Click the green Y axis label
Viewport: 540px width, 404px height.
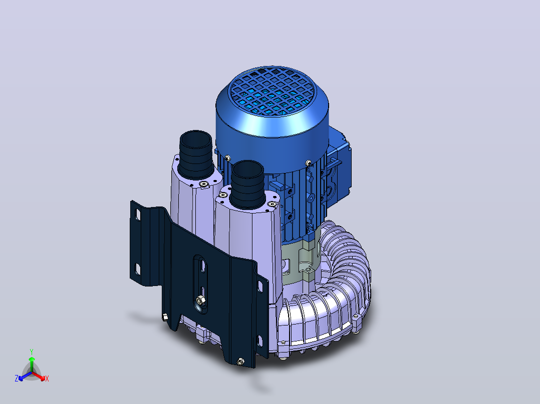(32, 351)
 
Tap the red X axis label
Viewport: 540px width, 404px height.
(47, 378)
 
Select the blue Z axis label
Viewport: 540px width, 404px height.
(17, 378)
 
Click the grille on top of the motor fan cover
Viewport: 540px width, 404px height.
(272, 91)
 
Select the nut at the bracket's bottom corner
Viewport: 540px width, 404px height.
(240, 361)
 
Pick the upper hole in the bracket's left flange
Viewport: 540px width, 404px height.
(138, 214)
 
